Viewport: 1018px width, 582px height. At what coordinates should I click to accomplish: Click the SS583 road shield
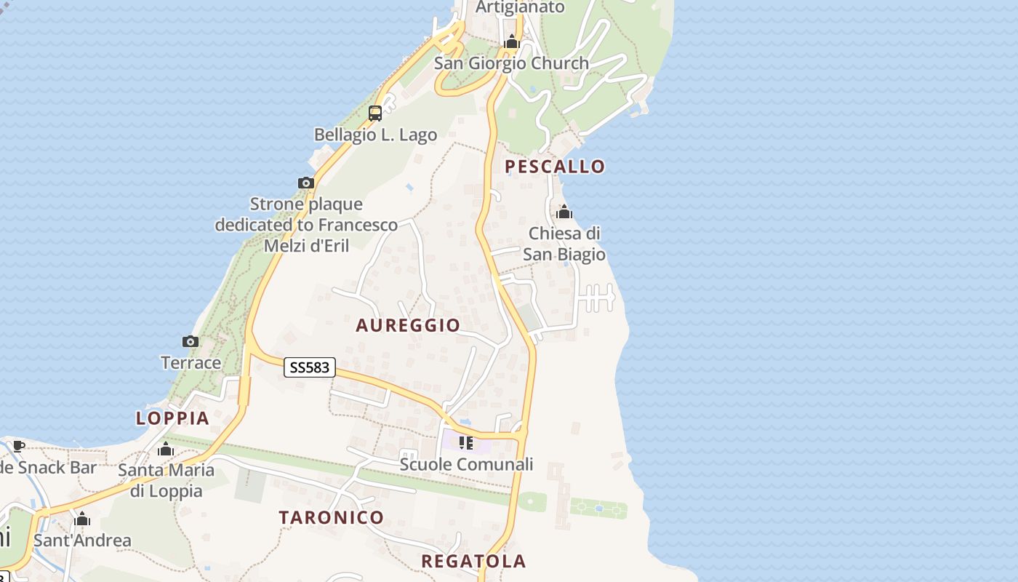309,367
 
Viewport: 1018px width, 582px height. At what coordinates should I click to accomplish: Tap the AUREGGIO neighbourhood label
408,325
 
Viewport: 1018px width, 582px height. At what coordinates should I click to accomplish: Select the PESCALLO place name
555,167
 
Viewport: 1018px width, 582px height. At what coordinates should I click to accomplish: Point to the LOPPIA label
172,418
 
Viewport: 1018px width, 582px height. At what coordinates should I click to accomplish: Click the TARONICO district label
332,518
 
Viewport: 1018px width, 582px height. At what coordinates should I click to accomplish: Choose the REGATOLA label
473,561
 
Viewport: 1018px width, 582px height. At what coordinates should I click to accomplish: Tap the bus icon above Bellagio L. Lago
375,113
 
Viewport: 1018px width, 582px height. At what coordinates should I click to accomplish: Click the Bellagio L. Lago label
375,135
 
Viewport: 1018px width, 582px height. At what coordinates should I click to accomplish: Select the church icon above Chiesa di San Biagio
564,212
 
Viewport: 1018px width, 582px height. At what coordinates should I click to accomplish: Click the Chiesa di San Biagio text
564,244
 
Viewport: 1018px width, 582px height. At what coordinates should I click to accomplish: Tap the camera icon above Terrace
190,341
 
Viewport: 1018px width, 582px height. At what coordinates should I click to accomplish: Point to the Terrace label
191,362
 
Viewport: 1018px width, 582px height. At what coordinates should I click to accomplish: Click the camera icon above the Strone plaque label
306,183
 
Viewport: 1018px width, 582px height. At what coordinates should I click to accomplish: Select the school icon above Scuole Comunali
466,442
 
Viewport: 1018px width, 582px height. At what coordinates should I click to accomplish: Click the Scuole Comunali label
466,464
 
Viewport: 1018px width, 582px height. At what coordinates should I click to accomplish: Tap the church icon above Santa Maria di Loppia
166,449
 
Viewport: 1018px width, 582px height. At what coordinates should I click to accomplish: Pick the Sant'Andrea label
82,541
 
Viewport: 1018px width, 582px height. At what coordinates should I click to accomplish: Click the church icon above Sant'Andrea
82,519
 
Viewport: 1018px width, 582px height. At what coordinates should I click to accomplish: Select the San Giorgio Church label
511,63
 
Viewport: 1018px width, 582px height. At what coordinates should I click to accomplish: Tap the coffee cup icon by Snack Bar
19,446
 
